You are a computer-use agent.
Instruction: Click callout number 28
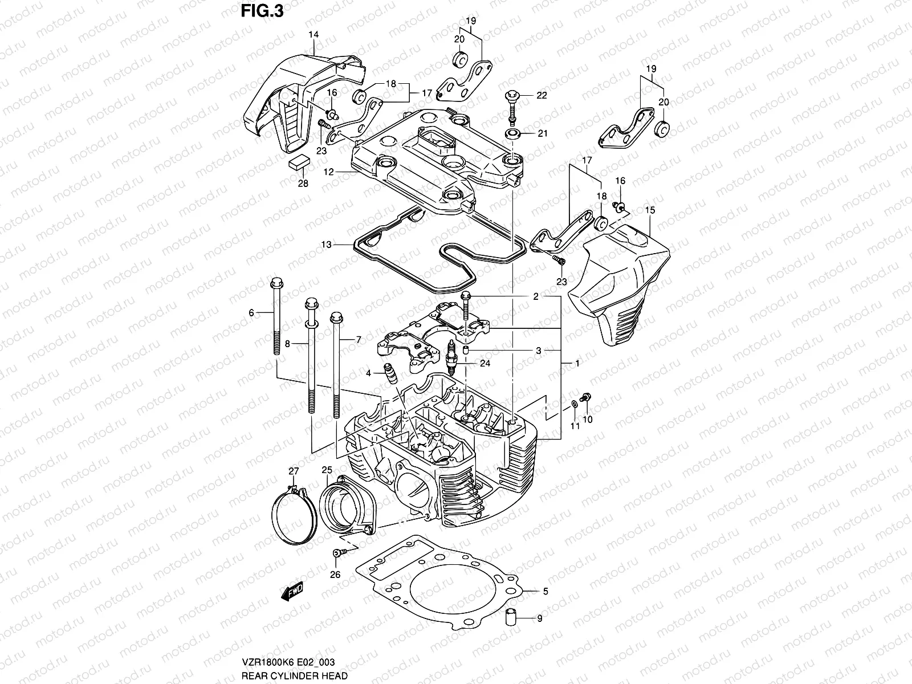(303, 184)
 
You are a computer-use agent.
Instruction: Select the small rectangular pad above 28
(299, 162)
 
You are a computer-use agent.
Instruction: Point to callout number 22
(541, 96)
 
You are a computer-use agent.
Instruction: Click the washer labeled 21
(512, 134)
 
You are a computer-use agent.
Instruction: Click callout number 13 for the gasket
(325, 245)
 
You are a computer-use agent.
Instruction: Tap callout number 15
(650, 210)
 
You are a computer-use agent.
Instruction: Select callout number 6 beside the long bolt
(251, 312)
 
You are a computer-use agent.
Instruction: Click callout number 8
(288, 344)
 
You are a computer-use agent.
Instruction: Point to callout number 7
(358, 340)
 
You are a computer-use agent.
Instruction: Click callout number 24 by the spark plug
(484, 363)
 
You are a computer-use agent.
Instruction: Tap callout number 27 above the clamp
(294, 471)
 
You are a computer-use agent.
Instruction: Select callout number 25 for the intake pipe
(327, 470)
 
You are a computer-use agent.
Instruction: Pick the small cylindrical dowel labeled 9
(511, 617)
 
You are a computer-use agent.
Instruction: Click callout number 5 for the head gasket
(545, 592)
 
